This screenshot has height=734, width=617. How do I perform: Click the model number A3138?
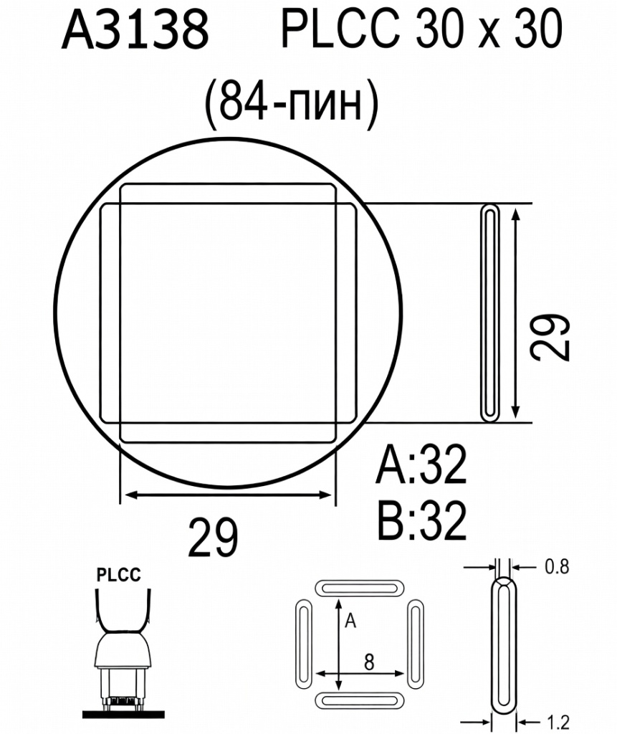pos(135,31)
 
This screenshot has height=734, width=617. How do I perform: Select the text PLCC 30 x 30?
pos(421,31)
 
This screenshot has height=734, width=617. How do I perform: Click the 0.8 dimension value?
pos(557,567)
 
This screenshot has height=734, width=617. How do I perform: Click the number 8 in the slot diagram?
pos(368,662)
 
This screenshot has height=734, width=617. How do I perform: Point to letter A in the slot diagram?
pos(350,621)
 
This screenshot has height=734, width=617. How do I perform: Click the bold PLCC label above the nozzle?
pos(119,574)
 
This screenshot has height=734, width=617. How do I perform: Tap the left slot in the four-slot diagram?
pos(302,643)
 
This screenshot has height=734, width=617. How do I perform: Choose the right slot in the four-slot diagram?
pos(416,643)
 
